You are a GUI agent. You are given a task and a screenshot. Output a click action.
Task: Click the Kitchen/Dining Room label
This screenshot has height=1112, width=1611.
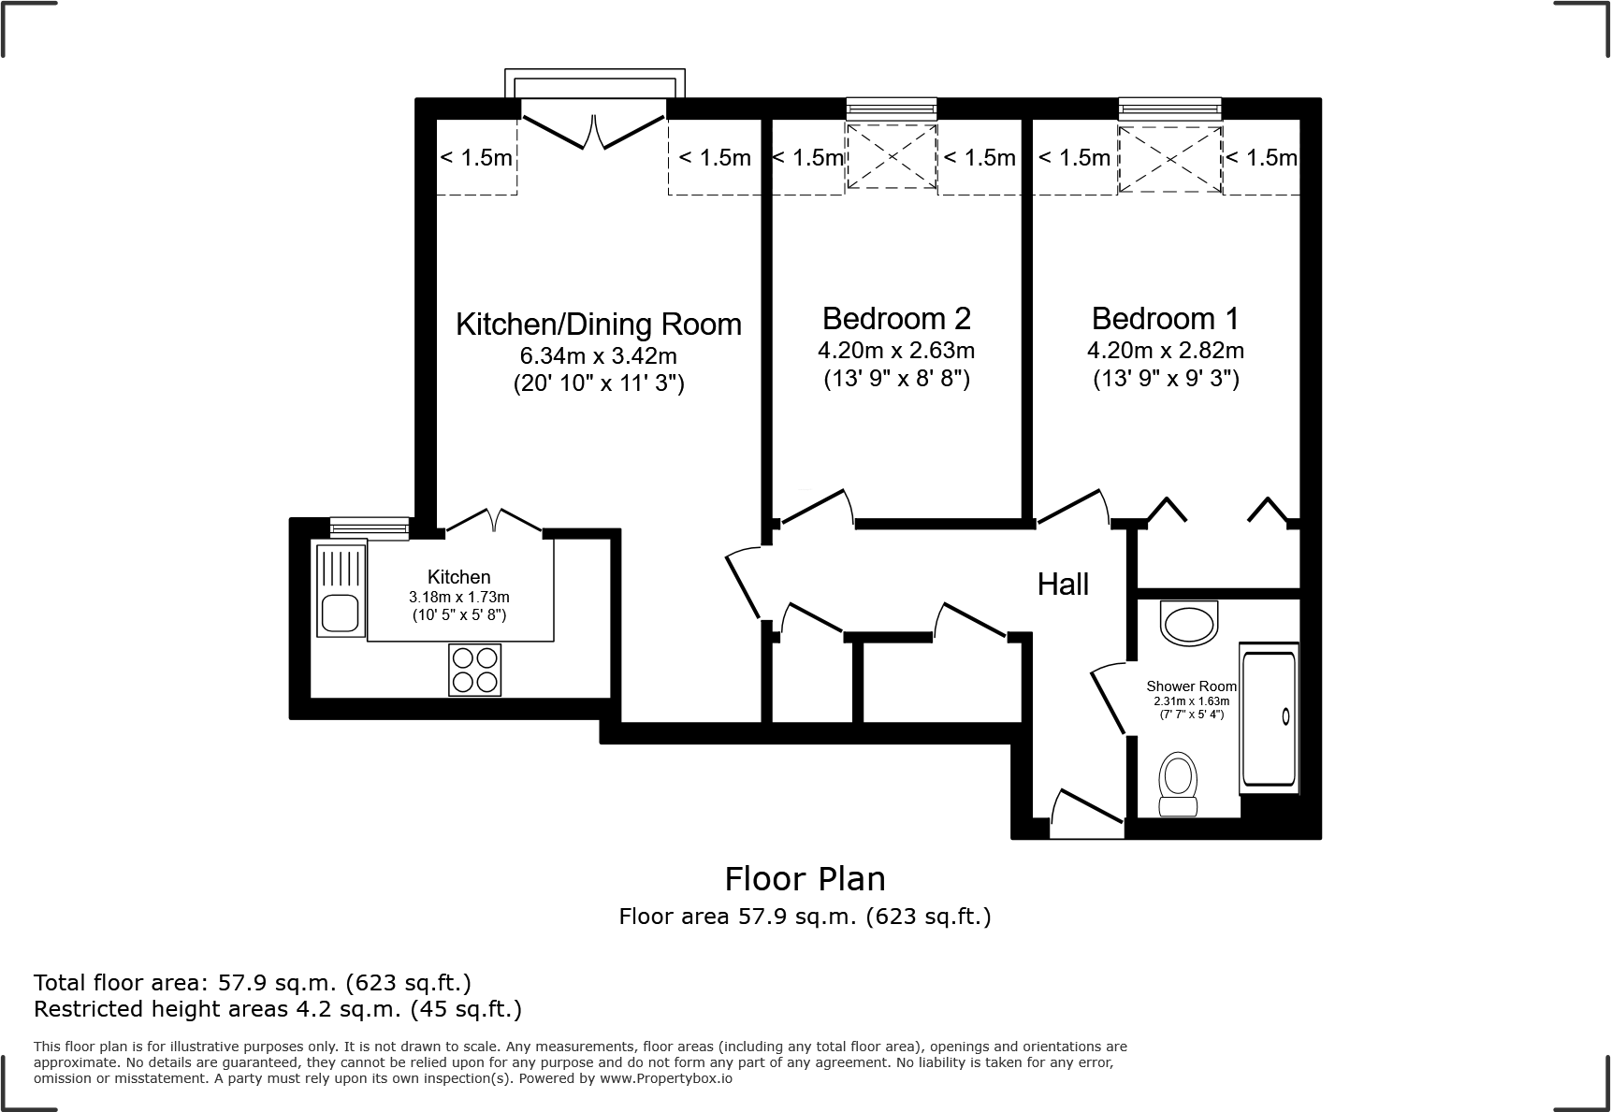point(598,325)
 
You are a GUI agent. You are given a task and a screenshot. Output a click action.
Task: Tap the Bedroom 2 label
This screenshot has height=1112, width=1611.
point(896,319)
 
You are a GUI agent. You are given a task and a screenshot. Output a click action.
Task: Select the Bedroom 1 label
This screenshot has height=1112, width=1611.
point(1165,319)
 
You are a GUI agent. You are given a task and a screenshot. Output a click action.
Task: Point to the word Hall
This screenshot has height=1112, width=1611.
point(1063,585)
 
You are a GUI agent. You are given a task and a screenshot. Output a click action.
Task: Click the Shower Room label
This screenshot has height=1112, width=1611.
point(1191,686)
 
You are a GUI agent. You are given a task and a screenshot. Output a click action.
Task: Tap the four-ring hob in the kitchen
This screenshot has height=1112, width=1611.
point(474,670)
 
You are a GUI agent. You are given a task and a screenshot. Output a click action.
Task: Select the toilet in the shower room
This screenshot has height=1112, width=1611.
point(1178,784)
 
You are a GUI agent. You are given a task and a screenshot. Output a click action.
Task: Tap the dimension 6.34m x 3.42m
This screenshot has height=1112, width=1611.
point(598,356)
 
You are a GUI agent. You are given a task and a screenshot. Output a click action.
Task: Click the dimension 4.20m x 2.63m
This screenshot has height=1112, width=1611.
point(896,351)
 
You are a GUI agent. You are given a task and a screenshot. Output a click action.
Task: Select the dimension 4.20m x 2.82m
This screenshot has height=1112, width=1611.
point(1165,351)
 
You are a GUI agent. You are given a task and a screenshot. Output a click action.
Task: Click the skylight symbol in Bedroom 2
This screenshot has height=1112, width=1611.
point(892,156)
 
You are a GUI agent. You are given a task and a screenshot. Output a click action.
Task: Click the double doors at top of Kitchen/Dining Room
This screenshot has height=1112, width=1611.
point(594,131)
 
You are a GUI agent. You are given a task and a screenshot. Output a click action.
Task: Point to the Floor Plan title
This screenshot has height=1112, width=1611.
point(805,879)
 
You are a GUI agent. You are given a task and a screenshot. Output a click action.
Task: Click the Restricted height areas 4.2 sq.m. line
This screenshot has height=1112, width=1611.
point(277,1009)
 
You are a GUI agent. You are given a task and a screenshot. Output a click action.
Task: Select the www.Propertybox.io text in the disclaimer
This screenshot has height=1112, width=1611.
point(666,1078)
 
